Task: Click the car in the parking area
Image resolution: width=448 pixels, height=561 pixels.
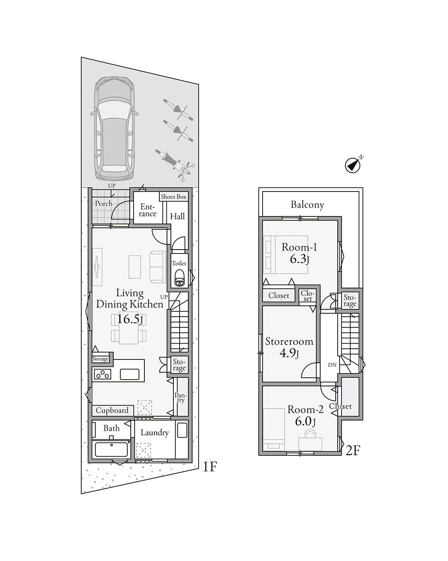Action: click(x=114, y=128)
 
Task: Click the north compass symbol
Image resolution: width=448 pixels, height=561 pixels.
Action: click(x=353, y=164)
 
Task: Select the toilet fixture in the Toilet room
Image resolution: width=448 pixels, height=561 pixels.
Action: click(x=179, y=278)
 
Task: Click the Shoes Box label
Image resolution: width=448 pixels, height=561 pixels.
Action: click(x=173, y=197)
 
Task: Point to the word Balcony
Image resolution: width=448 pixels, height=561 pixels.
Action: click(x=307, y=204)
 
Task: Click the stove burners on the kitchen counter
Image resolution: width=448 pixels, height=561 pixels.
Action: click(x=103, y=374)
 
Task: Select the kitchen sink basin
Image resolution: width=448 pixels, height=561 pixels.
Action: click(x=129, y=374)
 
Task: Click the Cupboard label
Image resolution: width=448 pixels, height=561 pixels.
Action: click(x=112, y=410)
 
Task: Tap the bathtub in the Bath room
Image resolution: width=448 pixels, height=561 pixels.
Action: click(x=111, y=449)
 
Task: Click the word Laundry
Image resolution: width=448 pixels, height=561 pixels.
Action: click(x=155, y=433)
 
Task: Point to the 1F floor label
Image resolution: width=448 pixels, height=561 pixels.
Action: click(x=209, y=467)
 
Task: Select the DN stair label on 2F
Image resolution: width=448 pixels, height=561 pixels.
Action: click(x=332, y=365)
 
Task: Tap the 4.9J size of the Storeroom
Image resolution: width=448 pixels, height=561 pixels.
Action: click(x=289, y=354)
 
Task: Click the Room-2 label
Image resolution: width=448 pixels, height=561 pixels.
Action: click(x=305, y=410)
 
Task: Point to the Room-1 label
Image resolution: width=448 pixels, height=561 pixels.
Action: click(x=299, y=247)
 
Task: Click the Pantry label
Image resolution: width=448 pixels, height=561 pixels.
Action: click(x=181, y=398)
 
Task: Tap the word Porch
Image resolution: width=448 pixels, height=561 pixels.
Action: click(x=104, y=204)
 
